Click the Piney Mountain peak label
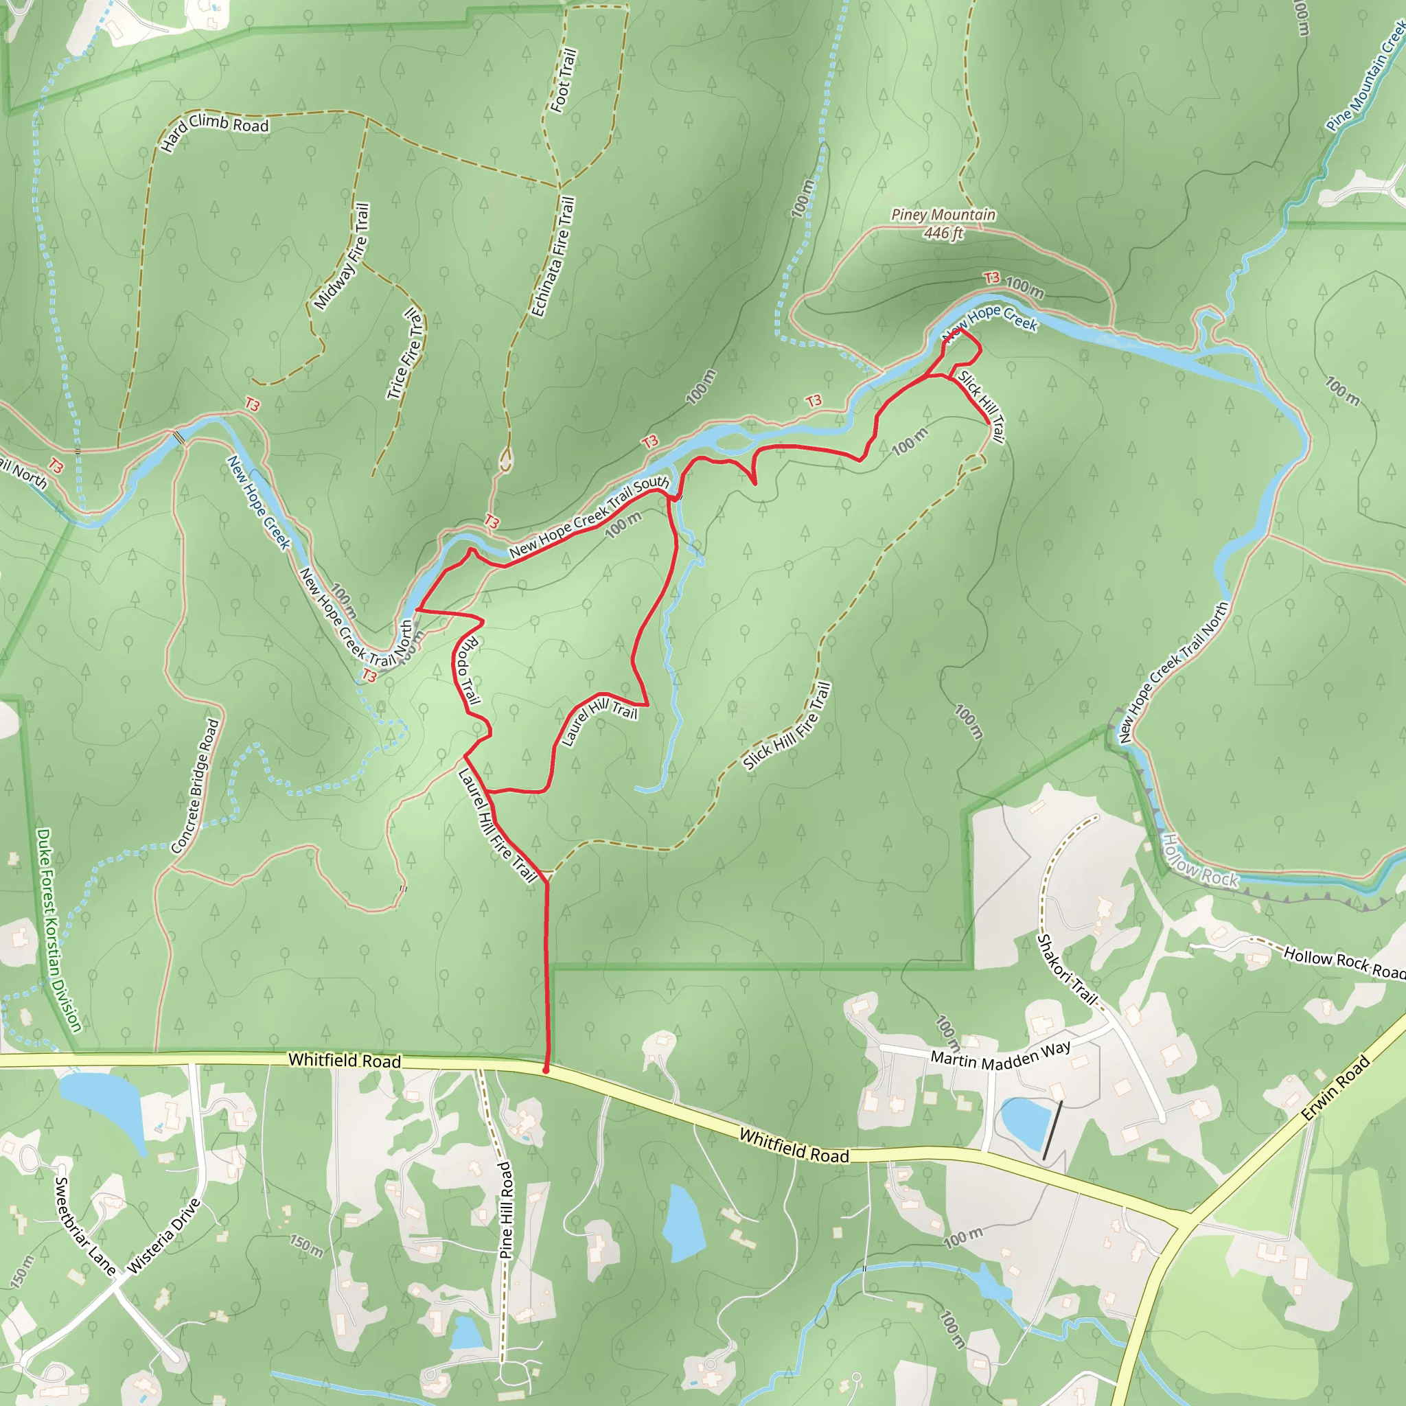943,222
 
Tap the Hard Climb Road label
215,131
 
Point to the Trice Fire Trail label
404,354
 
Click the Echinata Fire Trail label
554,257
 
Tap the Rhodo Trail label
466,670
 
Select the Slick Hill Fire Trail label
787,726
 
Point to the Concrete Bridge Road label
195,786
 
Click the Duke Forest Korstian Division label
59,930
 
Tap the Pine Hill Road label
506,1210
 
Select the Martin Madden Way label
1001,1056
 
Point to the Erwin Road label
1335,1088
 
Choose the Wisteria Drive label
164,1236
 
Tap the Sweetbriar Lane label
85,1226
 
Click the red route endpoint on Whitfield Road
546,1070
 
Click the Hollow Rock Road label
1344,962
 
